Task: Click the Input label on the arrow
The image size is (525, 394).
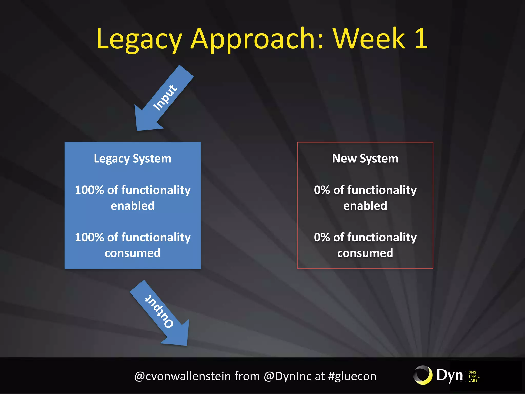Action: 165,98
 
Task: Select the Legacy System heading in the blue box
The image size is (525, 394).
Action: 133,159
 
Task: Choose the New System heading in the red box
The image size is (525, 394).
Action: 365,159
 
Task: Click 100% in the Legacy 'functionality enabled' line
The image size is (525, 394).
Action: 89,190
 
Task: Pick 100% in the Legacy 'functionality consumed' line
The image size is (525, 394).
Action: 89,237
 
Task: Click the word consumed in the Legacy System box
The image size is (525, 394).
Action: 133,253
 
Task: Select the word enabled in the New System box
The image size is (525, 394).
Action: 365,206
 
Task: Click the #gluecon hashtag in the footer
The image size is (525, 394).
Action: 352,376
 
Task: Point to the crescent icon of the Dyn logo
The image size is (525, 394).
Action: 423,375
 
